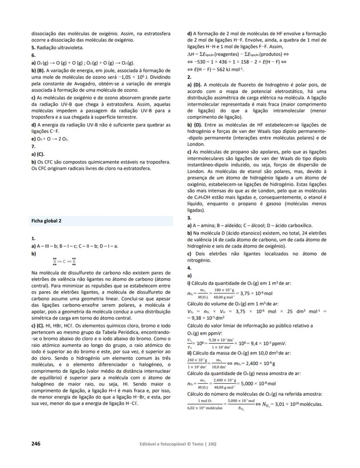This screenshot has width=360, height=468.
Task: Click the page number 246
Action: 36,444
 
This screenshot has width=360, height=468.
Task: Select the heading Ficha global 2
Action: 46,221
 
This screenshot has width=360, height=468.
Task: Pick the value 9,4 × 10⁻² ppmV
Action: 257,342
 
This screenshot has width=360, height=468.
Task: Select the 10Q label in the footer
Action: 212,444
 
